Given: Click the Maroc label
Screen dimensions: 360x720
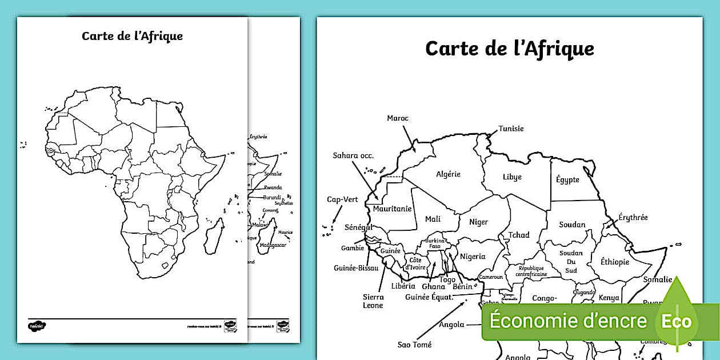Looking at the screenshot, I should [398, 118].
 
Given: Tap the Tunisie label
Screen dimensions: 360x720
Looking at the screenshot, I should [511, 129].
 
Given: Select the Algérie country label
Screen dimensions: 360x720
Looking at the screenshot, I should [448, 174].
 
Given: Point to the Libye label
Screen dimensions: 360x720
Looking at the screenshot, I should [512, 177].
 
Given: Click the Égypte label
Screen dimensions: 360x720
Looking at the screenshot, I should [567, 179].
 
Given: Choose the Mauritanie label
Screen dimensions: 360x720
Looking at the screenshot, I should [392, 209].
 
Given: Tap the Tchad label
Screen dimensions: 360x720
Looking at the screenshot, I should [519, 235].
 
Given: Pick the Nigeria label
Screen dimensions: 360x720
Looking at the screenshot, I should [473, 257].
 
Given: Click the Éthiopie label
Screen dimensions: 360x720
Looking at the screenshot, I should [615, 262].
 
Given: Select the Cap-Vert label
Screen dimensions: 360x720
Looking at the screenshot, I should [342, 199].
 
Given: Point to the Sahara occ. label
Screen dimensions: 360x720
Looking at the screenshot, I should [353, 155].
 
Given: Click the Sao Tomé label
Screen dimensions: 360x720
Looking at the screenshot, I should [414, 345].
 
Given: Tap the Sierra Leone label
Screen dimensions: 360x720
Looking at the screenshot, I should [373, 301].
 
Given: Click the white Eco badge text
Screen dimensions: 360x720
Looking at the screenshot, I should [677, 321].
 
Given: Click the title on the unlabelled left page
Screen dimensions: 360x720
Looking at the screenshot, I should [132, 37].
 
